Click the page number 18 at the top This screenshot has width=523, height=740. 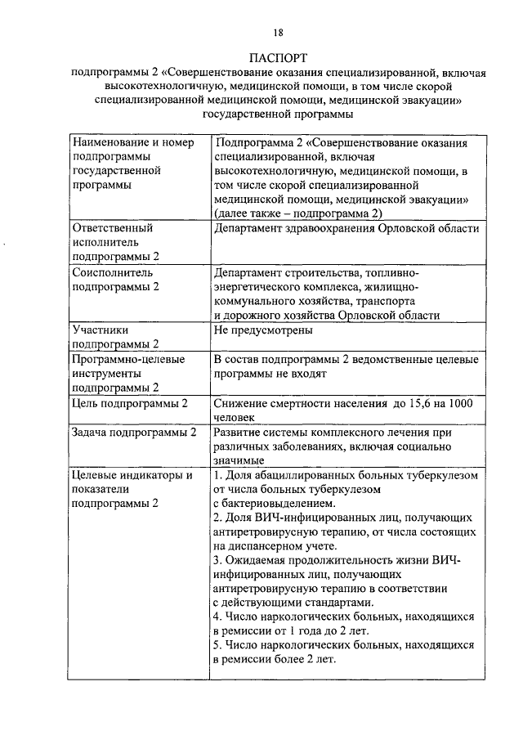279,32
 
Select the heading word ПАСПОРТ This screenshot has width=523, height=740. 279,58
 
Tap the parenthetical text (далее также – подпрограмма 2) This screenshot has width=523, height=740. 298,213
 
